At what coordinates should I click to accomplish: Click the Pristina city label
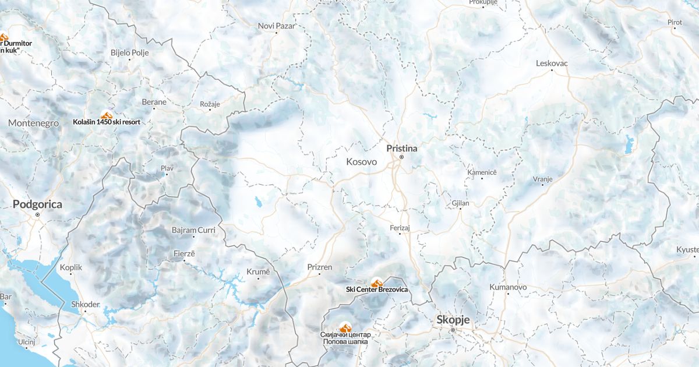point(401,149)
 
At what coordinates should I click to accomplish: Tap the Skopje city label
point(453,320)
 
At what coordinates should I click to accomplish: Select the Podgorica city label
point(37,204)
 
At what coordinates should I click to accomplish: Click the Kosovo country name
point(361,162)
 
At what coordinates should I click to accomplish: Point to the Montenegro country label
point(34,123)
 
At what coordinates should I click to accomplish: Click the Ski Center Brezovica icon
point(376,283)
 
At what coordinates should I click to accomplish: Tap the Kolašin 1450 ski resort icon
point(106,115)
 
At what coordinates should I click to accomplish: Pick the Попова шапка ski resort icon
point(345,328)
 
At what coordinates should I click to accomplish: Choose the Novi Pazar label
point(277,26)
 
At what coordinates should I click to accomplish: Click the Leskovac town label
point(552,63)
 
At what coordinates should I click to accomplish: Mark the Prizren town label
point(319,267)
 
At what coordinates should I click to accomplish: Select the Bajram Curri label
point(193,230)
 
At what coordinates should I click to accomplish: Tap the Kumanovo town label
point(508,287)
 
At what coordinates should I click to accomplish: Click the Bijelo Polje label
point(130,52)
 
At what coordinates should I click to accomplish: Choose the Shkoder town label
point(85,304)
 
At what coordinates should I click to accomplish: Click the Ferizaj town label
point(400,228)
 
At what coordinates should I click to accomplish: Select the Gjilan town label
point(460,203)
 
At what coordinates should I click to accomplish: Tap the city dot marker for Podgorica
point(37,215)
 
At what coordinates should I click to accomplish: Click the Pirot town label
point(675,22)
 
